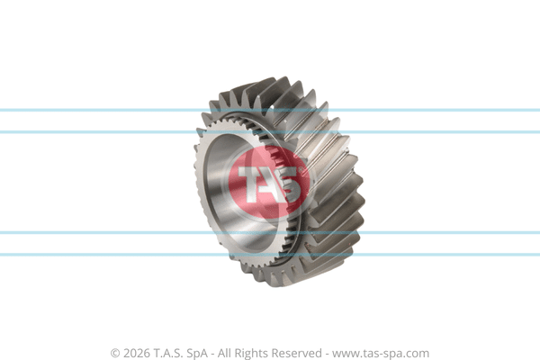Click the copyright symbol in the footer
click(115, 354)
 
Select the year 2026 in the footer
click(137, 354)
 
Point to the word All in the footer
click(223, 353)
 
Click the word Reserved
click(296, 353)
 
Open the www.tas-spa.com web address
click(381, 354)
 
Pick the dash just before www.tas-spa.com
click(327, 355)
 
